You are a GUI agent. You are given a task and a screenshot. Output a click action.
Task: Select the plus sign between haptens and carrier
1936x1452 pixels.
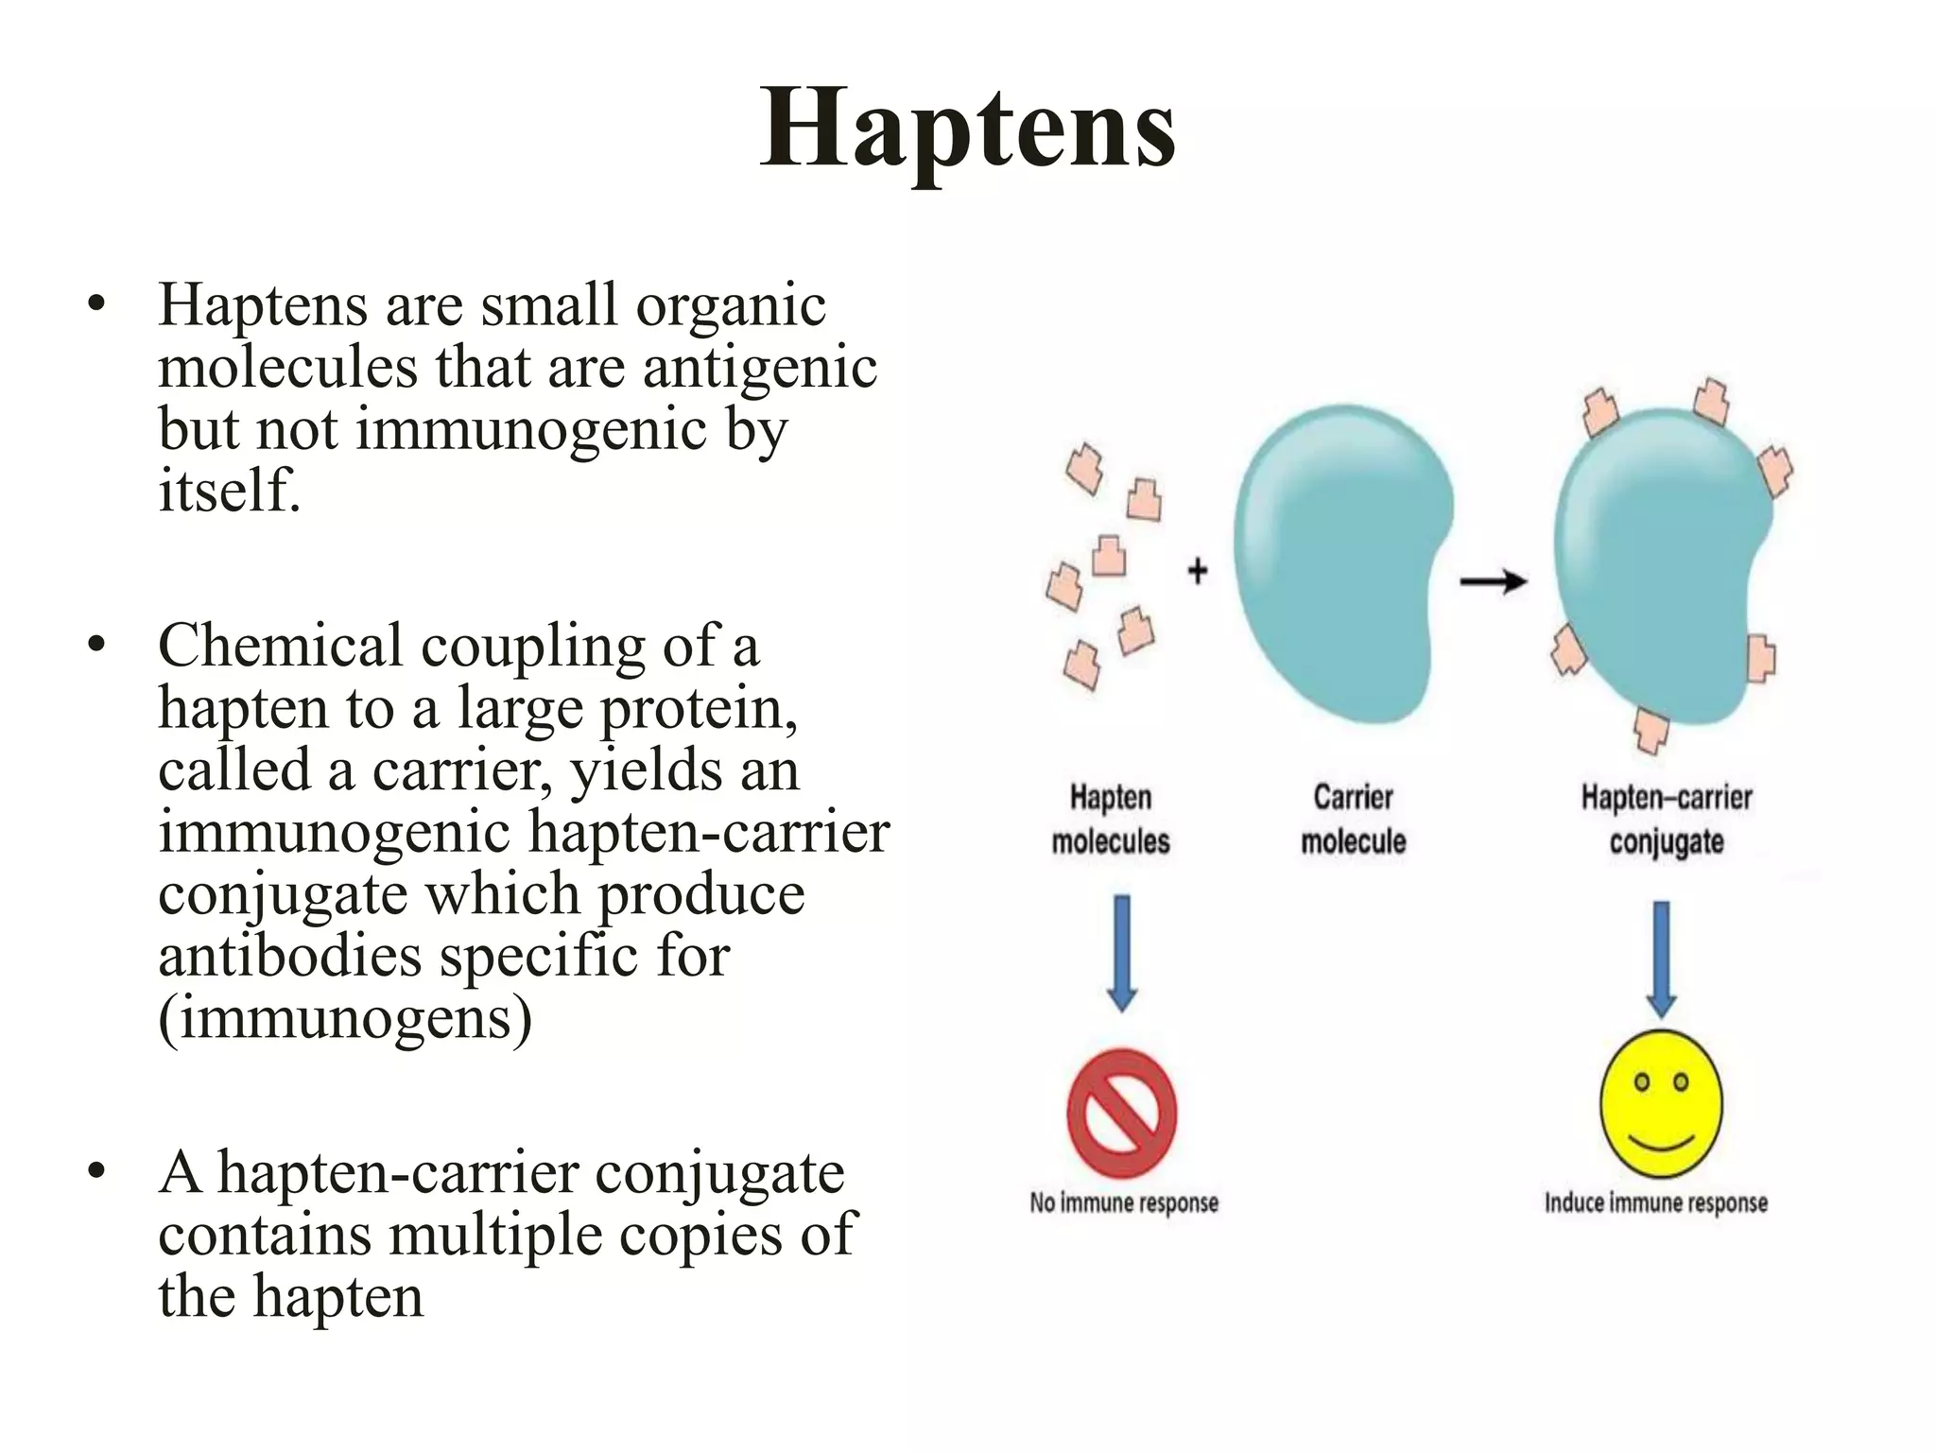coord(1197,571)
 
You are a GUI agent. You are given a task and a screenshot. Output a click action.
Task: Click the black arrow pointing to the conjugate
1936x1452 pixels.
coord(1493,581)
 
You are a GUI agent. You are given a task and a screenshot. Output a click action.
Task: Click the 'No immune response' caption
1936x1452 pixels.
coord(1123,1203)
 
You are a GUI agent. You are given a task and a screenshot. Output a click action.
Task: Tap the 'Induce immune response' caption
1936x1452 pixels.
coord(1655,1203)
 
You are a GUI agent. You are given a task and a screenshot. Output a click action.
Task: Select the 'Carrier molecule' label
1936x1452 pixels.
coord(1353,819)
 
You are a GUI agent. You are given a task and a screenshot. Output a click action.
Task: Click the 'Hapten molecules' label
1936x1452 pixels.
coord(1111,819)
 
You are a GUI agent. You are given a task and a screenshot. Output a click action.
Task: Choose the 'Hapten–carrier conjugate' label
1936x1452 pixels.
coord(1667,819)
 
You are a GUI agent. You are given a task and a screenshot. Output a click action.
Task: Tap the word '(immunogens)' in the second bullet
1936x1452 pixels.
coord(345,1018)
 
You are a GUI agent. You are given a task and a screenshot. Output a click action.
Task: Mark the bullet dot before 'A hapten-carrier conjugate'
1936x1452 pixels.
coord(95,1172)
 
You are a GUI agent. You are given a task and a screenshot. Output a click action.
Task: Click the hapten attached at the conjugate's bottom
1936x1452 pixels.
coord(1651,729)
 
